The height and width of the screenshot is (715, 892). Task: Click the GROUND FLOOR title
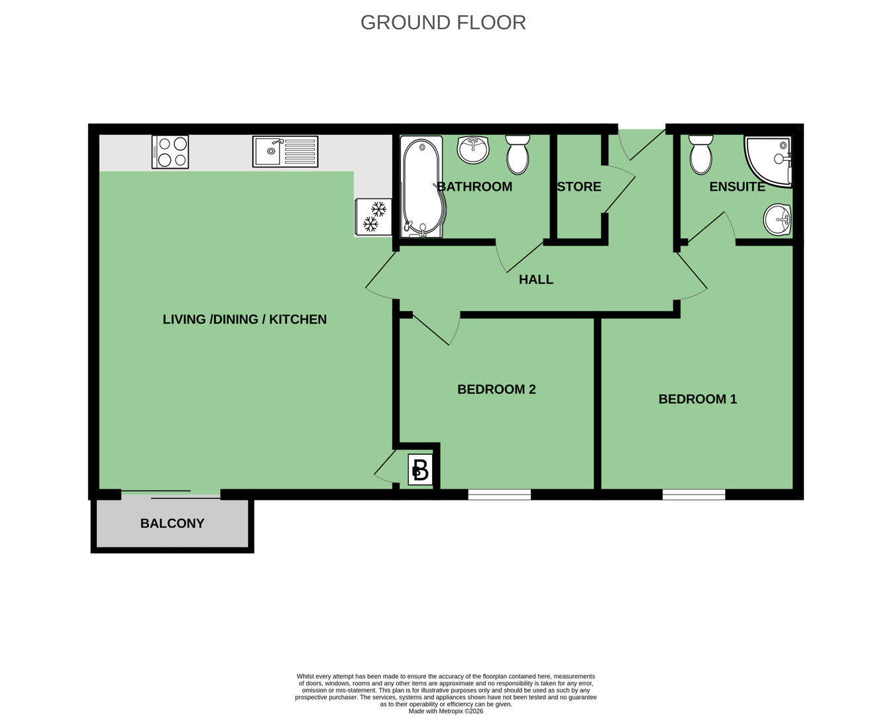pos(443,23)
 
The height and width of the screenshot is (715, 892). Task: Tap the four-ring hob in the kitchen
pos(170,152)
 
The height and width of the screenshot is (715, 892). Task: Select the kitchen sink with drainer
pos(285,152)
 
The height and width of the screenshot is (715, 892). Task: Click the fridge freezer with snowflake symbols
pos(374,217)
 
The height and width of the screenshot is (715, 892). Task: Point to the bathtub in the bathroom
pos(422,187)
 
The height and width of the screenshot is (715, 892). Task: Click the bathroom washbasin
pos(473,150)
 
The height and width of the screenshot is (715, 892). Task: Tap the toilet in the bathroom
pos(518,154)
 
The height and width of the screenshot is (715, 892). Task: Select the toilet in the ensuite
pos(701,154)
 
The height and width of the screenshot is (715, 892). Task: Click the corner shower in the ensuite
pos(768,162)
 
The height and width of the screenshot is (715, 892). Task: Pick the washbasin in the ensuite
pos(777,219)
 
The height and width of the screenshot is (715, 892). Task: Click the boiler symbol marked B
pos(420,470)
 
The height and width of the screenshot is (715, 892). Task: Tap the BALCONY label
pos(172,523)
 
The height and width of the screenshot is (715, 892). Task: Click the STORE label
pos(579,187)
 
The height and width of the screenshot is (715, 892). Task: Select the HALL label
pos(536,279)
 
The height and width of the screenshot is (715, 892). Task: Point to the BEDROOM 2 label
pos(496,389)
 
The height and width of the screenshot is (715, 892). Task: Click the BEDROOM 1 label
pos(698,399)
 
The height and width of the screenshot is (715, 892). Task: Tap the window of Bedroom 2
pos(500,495)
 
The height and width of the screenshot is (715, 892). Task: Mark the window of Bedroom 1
pos(694,495)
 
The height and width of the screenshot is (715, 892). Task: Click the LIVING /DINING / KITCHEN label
pos(245,319)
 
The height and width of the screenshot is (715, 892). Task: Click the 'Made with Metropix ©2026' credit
pos(446,711)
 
